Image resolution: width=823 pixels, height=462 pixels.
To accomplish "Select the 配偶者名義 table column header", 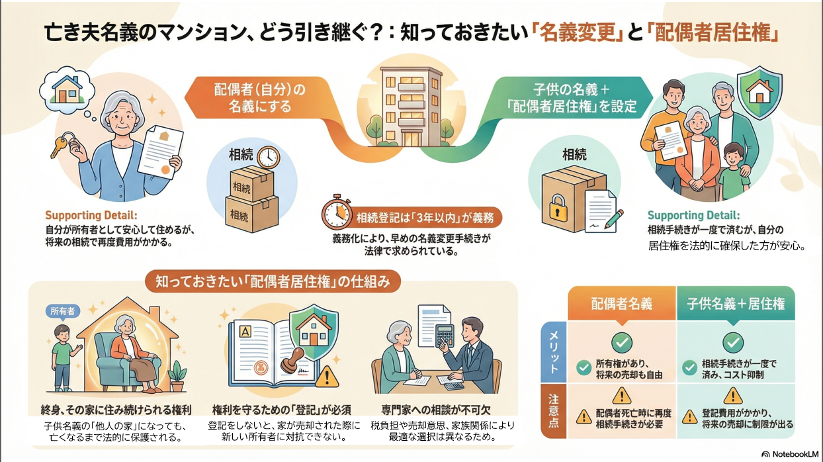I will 621,304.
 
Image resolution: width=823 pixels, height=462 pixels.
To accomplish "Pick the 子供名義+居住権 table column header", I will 735,304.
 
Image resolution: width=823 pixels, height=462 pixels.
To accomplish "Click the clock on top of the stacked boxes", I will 268,157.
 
